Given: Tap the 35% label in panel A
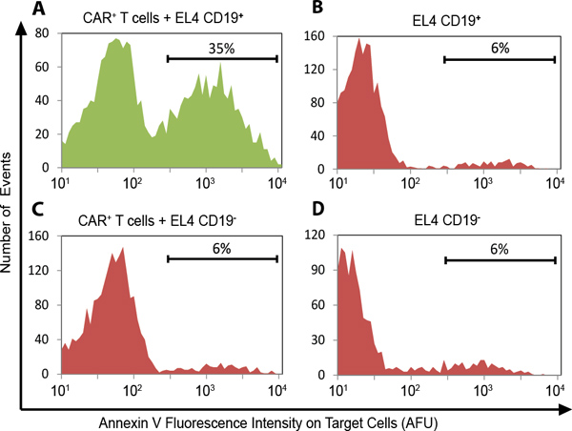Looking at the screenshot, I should (221, 46).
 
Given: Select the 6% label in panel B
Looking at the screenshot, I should (500, 46).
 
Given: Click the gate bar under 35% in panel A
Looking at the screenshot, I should (221, 58).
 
